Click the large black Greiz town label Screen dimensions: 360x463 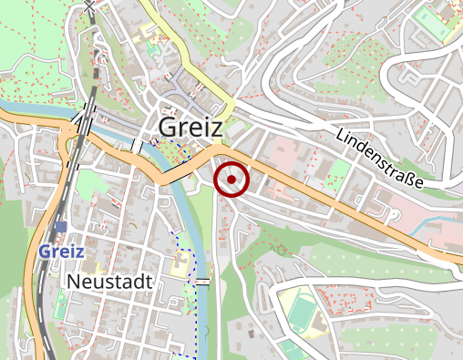tap(190, 128)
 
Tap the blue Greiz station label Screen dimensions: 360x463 tap(62, 251)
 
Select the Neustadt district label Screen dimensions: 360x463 tap(109, 283)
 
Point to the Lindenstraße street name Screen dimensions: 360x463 tap(379, 158)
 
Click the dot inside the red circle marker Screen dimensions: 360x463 tap(231, 180)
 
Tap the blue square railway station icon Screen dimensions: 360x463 tap(61, 228)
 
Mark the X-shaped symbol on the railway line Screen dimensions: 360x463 tap(88, 6)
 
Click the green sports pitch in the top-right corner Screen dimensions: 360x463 tap(432, 23)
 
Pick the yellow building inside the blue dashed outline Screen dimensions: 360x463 tap(181, 264)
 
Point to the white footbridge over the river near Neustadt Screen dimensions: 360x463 tap(202, 282)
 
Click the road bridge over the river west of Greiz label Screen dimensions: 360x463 tap(137, 146)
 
